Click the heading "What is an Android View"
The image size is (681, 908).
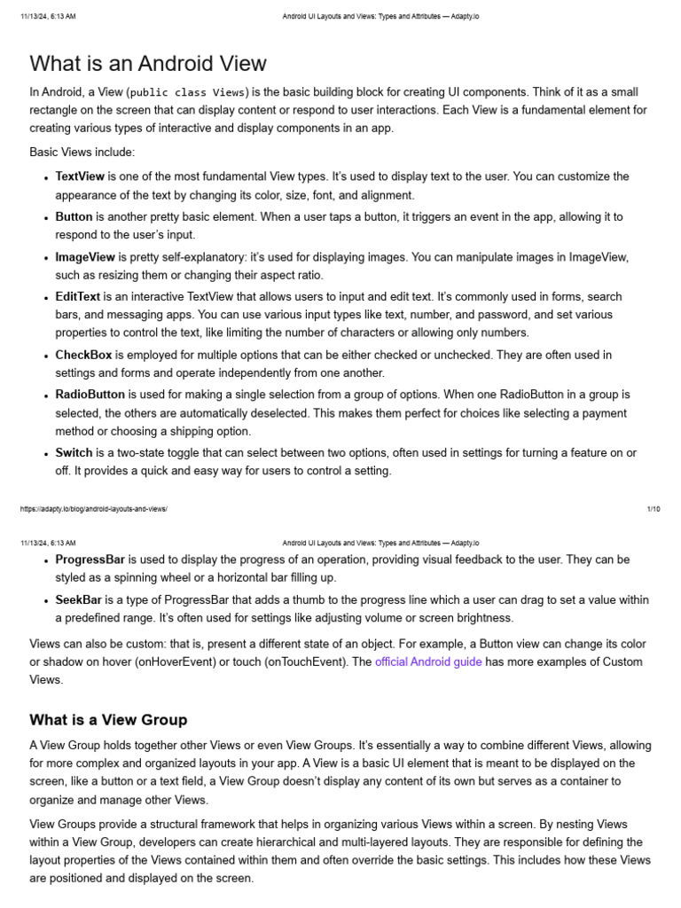point(148,64)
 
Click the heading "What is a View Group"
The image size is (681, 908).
point(108,719)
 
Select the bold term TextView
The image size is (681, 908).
point(80,176)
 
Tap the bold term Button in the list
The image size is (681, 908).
point(74,216)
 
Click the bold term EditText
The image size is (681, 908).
point(78,297)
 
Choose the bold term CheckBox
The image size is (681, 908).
point(83,355)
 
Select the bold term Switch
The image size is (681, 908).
point(74,453)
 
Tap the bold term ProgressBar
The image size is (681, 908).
point(90,560)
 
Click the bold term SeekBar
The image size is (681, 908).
point(78,600)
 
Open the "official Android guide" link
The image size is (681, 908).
point(428,662)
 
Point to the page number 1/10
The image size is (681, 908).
point(654,509)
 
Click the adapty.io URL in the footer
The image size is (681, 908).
point(93,509)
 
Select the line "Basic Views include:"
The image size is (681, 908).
point(82,153)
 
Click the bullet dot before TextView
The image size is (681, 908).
point(45,178)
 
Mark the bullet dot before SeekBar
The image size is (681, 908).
point(45,601)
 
